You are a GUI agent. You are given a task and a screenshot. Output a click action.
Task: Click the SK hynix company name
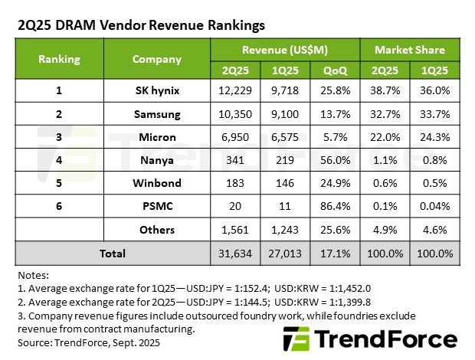[157, 92]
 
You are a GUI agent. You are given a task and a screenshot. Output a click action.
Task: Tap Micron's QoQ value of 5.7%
[336, 138]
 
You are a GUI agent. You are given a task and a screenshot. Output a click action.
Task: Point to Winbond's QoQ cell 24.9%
[336, 184]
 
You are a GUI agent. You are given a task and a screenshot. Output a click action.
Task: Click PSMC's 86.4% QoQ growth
[336, 207]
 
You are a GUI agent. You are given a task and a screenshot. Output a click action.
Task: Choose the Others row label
[157, 230]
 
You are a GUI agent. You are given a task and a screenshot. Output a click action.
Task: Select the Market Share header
[409, 50]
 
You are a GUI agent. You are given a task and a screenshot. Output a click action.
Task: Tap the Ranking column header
[59, 59]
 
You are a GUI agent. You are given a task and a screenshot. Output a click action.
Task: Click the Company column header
[157, 59]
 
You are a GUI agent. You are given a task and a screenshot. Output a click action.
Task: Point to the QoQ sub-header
[336, 69]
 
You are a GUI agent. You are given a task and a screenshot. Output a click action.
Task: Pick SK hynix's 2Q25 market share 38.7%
[385, 92]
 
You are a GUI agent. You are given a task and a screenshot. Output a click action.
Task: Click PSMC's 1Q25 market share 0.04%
[435, 207]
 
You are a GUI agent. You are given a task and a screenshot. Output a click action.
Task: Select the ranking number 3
[59, 138]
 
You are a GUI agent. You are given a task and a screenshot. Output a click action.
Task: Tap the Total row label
[113, 253]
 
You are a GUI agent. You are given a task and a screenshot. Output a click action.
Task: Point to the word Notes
[33, 274]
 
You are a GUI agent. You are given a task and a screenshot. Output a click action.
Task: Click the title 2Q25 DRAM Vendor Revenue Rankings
[141, 25]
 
